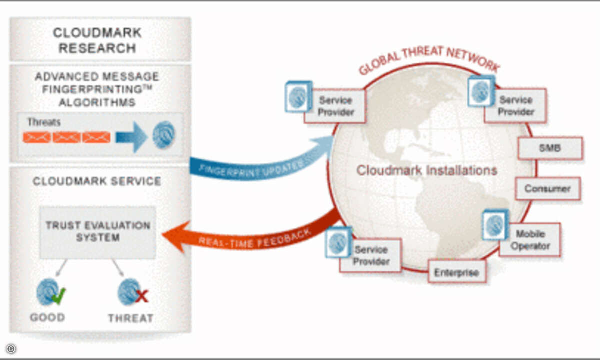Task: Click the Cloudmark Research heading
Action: coord(97,40)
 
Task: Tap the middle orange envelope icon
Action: coord(66,137)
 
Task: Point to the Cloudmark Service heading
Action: coord(97,181)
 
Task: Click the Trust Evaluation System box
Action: coord(97,232)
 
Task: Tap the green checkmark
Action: coord(58,295)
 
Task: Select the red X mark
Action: coord(142,296)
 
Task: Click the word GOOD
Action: coord(47,317)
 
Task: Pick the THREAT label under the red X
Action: coord(131,318)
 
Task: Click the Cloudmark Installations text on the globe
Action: coord(426,170)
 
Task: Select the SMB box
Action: coord(550,148)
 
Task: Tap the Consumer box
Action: coord(547,189)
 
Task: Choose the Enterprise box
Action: coord(456,272)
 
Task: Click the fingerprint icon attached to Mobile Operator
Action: coord(495,224)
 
